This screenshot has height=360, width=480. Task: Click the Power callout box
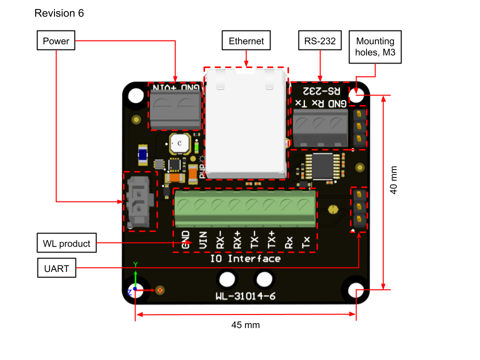[x=56, y=40]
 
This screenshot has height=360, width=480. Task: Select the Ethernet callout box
[x=246, y=40]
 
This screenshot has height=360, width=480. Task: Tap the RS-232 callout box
[x=319, y=40]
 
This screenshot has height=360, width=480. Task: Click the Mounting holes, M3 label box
[x=374, y=46]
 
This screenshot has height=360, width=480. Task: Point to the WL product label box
[x=67, y=243]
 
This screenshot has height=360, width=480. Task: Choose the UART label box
[x=56, y=269]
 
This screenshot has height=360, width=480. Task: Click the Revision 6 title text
[x=59, y=13]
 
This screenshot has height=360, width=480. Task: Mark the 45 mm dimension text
[x=245, y=325]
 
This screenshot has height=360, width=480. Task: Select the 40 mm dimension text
[x=393, y=180]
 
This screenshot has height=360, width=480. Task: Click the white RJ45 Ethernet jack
[x=246, y=125]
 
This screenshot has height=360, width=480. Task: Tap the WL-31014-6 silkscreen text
[x=245, y=296]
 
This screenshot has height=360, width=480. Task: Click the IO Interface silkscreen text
[x=245, y=258]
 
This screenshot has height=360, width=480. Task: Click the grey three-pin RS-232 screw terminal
[x=319, y=128]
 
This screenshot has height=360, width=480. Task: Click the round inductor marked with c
[x=179, y=143]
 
